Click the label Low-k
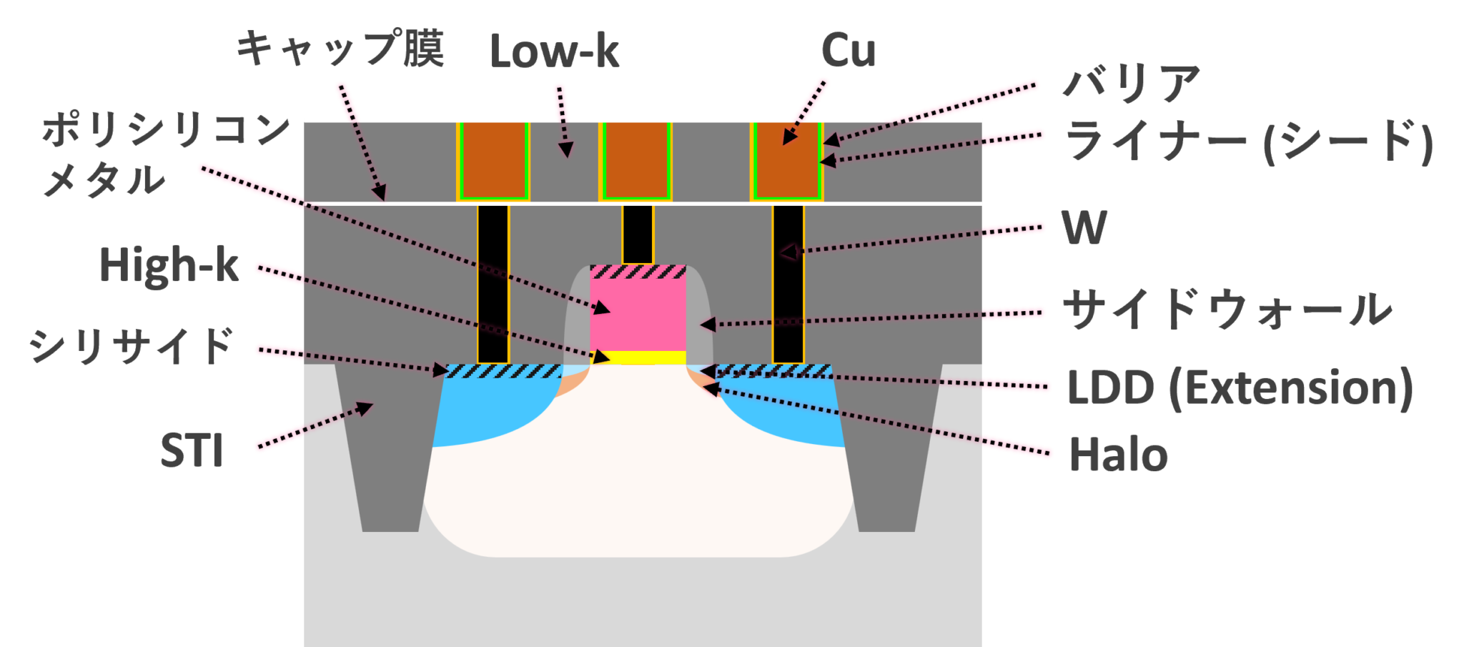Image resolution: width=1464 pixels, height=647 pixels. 554,51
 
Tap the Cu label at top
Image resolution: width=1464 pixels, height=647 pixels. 848,50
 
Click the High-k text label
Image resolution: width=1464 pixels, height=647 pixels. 169,265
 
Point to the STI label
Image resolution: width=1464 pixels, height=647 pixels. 192,450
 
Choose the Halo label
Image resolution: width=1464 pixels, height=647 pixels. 1118,455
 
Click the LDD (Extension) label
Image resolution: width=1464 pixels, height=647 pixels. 1240,387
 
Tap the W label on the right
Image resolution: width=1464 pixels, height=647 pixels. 1084,228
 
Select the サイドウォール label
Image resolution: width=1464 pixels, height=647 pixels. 1227,310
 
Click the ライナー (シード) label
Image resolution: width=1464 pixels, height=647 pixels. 1248,141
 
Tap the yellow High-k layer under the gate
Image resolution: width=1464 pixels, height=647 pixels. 638,357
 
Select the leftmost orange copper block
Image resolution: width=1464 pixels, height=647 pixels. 493,160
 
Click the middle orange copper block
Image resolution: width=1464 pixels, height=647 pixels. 635,160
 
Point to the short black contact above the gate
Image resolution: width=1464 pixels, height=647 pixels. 638,234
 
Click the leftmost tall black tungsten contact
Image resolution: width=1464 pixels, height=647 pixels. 493,284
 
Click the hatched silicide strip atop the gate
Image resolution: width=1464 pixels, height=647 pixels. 638,272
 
